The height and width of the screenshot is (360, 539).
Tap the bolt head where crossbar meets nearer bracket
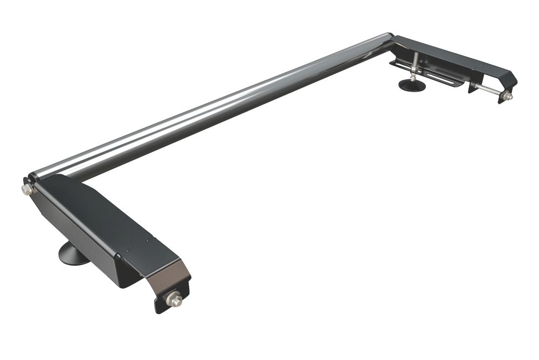[26, 189]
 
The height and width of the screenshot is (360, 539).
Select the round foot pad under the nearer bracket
[73, 254]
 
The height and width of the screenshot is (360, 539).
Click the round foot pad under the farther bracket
[412, 85]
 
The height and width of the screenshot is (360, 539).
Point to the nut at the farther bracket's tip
[507, 96]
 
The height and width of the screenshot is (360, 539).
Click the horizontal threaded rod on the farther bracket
[488, 90]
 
